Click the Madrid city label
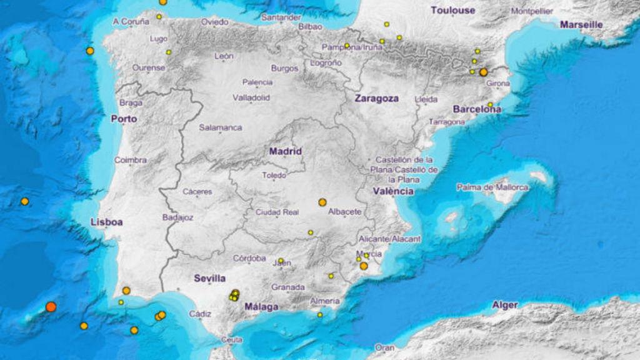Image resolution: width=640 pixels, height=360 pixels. (x=286, y=151)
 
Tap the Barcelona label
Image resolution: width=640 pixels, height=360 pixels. (x=477, y=109)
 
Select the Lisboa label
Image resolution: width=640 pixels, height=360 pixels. (x=106, y=222)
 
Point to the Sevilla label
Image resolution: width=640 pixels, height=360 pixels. (x=209, y=278)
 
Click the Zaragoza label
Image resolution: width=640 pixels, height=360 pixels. (x=376, y=98)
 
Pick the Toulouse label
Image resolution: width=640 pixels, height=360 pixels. (x=452, y=11)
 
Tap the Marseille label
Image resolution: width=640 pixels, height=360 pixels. (x=581, y=25)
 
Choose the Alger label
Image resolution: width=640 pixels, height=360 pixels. (x=505, y=305)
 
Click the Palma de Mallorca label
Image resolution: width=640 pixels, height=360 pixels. (x=492, y=187)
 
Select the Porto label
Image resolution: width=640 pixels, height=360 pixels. (x=124, y=118)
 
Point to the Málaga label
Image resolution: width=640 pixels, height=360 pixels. (x=261, y=306)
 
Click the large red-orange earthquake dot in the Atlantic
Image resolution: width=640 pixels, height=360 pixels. (x=51, y=307)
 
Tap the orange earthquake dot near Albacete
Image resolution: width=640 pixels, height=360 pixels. (x=322, y=202)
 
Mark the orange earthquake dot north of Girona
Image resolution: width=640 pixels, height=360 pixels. (x=483, y=72)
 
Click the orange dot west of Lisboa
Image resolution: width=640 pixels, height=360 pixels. (x=25, y=201)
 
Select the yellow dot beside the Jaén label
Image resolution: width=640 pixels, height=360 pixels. (x=281, y=261)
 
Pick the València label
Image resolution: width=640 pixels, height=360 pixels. (x=392, y=191)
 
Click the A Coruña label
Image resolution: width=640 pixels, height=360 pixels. (x=131, y=22)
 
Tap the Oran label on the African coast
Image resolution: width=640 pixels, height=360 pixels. (x=385, y=347)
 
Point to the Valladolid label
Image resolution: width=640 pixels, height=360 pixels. (x=251, y=98)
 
